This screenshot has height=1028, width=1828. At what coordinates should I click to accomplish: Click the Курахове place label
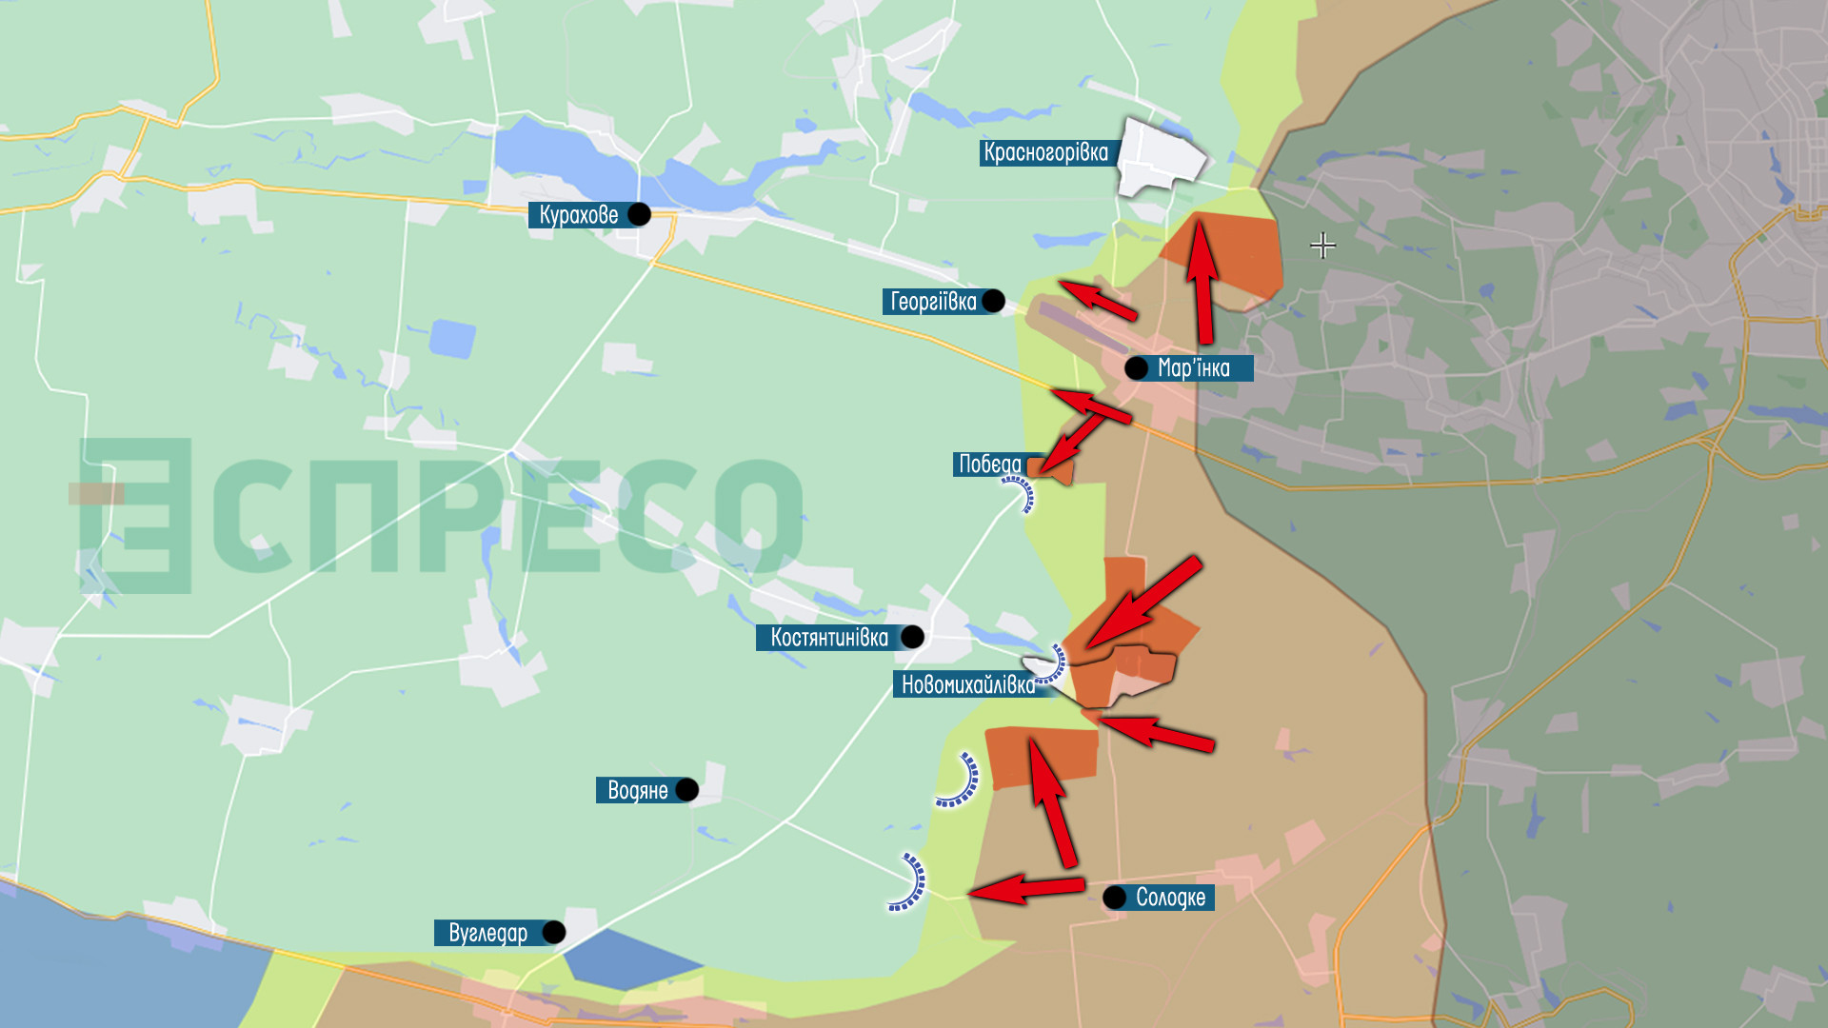click(x=578, y=215)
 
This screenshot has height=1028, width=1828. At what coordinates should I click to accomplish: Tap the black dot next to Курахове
click(x=639, y=214)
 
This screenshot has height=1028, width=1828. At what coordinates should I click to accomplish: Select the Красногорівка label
click(x=1045, y=152)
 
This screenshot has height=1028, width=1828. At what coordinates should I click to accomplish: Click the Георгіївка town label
click(x=933, y=302)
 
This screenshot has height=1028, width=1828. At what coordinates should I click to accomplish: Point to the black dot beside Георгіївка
click(x=993, y=301)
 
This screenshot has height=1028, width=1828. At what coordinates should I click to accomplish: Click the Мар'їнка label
click(x=1194, y=368)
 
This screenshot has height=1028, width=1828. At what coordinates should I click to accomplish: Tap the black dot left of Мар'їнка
click(x=1136, y=368)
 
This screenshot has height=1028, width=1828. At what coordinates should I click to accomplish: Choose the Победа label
click(x=989, y=464)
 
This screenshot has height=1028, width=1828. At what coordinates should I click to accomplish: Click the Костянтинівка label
click(x=828, y=638)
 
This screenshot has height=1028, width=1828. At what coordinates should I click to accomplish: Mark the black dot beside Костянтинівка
click(x=912, y=637)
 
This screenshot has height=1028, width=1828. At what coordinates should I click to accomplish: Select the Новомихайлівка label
click(x=967, y=684)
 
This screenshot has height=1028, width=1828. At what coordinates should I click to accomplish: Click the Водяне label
click(x=637, y=790)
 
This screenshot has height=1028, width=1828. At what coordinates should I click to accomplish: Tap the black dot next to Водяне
click(x=686, y=790)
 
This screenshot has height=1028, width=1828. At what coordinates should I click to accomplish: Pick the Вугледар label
click(x=487, y=933)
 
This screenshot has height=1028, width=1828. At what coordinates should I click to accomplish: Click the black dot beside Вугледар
click(x=553, y=932)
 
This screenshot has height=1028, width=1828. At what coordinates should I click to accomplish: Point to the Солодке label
click(x=1170, y=898)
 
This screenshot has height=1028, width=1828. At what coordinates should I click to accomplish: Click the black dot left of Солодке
click(x=1114, y=897)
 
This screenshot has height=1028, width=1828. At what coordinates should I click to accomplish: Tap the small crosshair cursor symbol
click(x=1322, y=246)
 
